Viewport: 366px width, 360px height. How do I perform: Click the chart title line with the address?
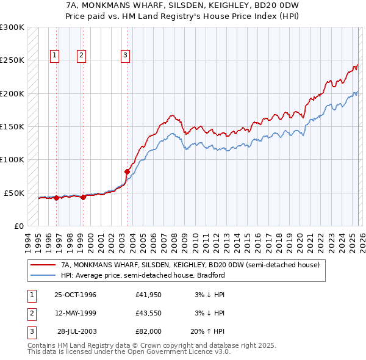[x=182, y=5]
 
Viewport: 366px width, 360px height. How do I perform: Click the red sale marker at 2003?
[x=127, y=171]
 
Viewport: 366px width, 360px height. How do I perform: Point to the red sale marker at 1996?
[x=56, y=198]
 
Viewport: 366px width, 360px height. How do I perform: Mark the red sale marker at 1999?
[x=83, y=197]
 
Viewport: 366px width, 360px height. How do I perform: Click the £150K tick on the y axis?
[x=12, y=126]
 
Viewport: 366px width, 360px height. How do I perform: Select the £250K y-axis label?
[x=12, y=60]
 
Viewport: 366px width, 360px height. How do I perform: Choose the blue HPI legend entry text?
[x=143, y=275]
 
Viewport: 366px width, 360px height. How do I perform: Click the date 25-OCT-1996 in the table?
[x=75, y=295]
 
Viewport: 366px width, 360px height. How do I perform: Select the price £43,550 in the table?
[x=148, y=313]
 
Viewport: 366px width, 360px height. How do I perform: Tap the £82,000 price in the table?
[x=148, y=331]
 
